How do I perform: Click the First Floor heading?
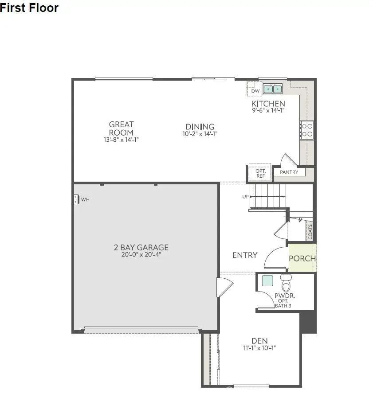point(29,8)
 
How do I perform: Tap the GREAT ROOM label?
point(121,128)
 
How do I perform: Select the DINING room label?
point(200,127)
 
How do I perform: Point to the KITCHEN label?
point(268,104)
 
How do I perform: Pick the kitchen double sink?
point(273,89)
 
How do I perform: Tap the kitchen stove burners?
point(307,129)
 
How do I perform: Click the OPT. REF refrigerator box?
point(260,173)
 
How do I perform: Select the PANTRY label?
point(289,172)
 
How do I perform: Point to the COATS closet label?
point(310,232)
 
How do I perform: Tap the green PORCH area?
point(302,258)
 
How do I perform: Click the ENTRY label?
point(245,255)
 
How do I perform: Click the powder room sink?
point(267,280)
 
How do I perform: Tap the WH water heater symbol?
point(77,199)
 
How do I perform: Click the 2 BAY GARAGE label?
point(141,248)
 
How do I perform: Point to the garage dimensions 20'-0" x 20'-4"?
point(141,255)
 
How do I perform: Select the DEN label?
point(259,341)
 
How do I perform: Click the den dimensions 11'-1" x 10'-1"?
point(259,348)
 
